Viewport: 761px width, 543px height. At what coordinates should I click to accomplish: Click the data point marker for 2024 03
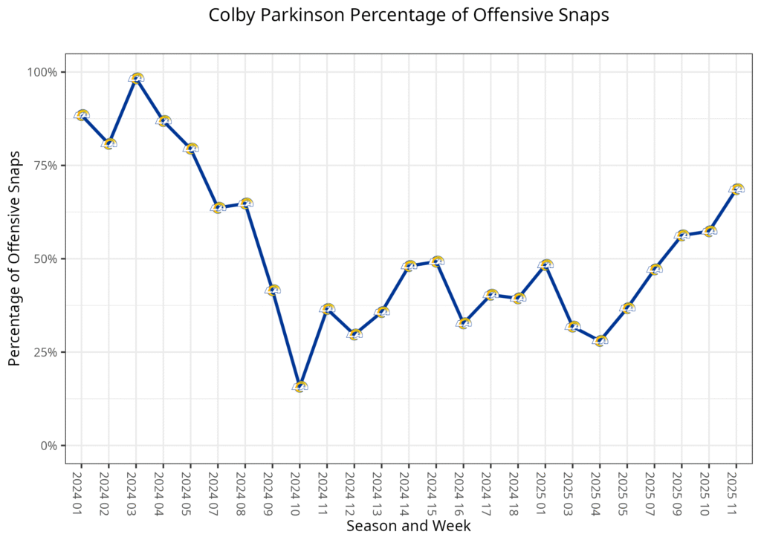[x=136, y=78]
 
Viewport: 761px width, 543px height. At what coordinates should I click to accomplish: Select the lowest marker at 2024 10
[x=300, y=386]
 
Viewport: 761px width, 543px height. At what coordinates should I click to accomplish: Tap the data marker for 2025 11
[x=736, y=189]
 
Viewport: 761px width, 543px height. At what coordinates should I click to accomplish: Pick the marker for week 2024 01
[x=82, y=115]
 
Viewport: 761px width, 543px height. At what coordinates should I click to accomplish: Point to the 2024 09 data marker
[x=273, y=290]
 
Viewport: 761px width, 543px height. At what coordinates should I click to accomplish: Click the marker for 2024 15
[x=436, y=261]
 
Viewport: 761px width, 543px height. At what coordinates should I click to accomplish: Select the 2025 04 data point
[x=600, y=341]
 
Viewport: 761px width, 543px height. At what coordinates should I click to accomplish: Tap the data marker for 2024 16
[x=464, y=323]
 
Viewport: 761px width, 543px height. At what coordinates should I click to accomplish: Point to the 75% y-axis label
[x=45, y=166]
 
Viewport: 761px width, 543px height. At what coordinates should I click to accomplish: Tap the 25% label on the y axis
[x=45, y=352]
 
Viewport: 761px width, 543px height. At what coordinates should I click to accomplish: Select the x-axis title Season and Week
[x=408, y=526]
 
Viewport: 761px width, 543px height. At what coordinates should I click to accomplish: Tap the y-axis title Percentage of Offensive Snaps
[x=14, y=259]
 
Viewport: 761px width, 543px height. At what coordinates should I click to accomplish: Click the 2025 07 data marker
[x=655, y=269]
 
